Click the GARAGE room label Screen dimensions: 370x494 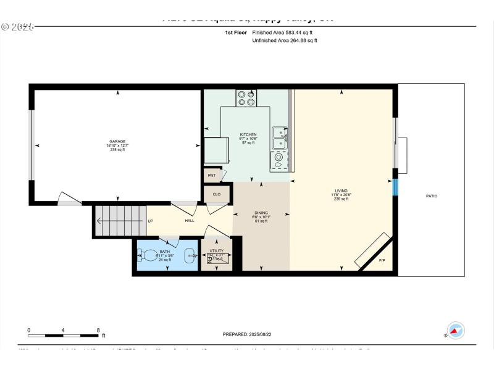[x=117, y=142]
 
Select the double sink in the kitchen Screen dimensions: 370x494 [x=280, y=138]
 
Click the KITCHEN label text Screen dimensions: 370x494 [x=248, y=134]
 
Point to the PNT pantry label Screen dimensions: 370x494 [x=211, y=176]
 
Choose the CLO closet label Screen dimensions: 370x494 [x=216, y=194]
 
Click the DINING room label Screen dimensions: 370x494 [x=261, y=213]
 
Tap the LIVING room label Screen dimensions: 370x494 [x=341, y=191]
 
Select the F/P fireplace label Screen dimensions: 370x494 [x=382, y=261]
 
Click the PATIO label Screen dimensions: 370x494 [x=431, y=196]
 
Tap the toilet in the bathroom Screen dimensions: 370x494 [x=148, y=254]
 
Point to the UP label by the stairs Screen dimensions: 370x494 [x=150, y=221]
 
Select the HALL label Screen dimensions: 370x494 [x=190, y=221]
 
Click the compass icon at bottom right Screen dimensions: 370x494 [x=455, y=331]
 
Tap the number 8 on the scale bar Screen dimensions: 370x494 [x=98, y=330]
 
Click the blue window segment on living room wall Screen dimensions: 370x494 [x=395, y=186]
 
